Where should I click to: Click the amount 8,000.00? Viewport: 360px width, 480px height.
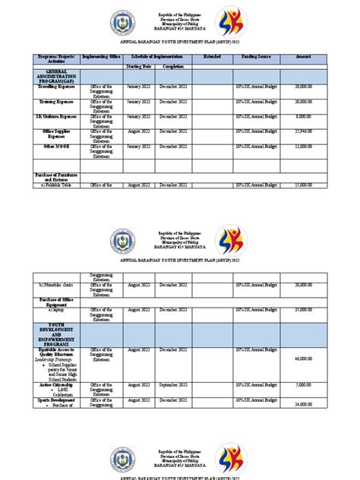[303, 116]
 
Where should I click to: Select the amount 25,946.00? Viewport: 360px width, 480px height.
[302, 131]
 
